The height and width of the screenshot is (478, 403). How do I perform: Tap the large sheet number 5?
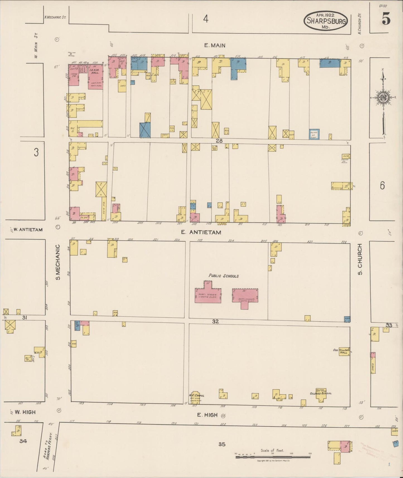click(x=386, y=20)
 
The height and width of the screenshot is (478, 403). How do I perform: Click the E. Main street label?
click(x=214, y=45)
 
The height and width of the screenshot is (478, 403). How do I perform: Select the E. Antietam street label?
click(x=201, y=232)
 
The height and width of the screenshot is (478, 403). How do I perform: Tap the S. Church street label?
click(x=360, y=259)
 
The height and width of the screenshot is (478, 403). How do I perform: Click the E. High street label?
click(x=207, y=415)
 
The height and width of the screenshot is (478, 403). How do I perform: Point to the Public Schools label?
click(x=224, y=276)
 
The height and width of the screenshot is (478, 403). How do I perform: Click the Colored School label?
click(x=321, y=393)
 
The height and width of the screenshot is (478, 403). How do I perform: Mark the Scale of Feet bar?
click(x=273, y=457)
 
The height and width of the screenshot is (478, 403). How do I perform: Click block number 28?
click(x=219, y=141)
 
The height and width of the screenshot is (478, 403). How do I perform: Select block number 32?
click(x=215, y=321)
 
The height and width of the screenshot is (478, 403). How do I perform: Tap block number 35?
click(x=222, y=444)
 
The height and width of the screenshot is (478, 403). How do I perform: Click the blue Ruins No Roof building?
click(x=314, y=134)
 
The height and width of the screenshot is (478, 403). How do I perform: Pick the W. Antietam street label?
click(x=28, y=230)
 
